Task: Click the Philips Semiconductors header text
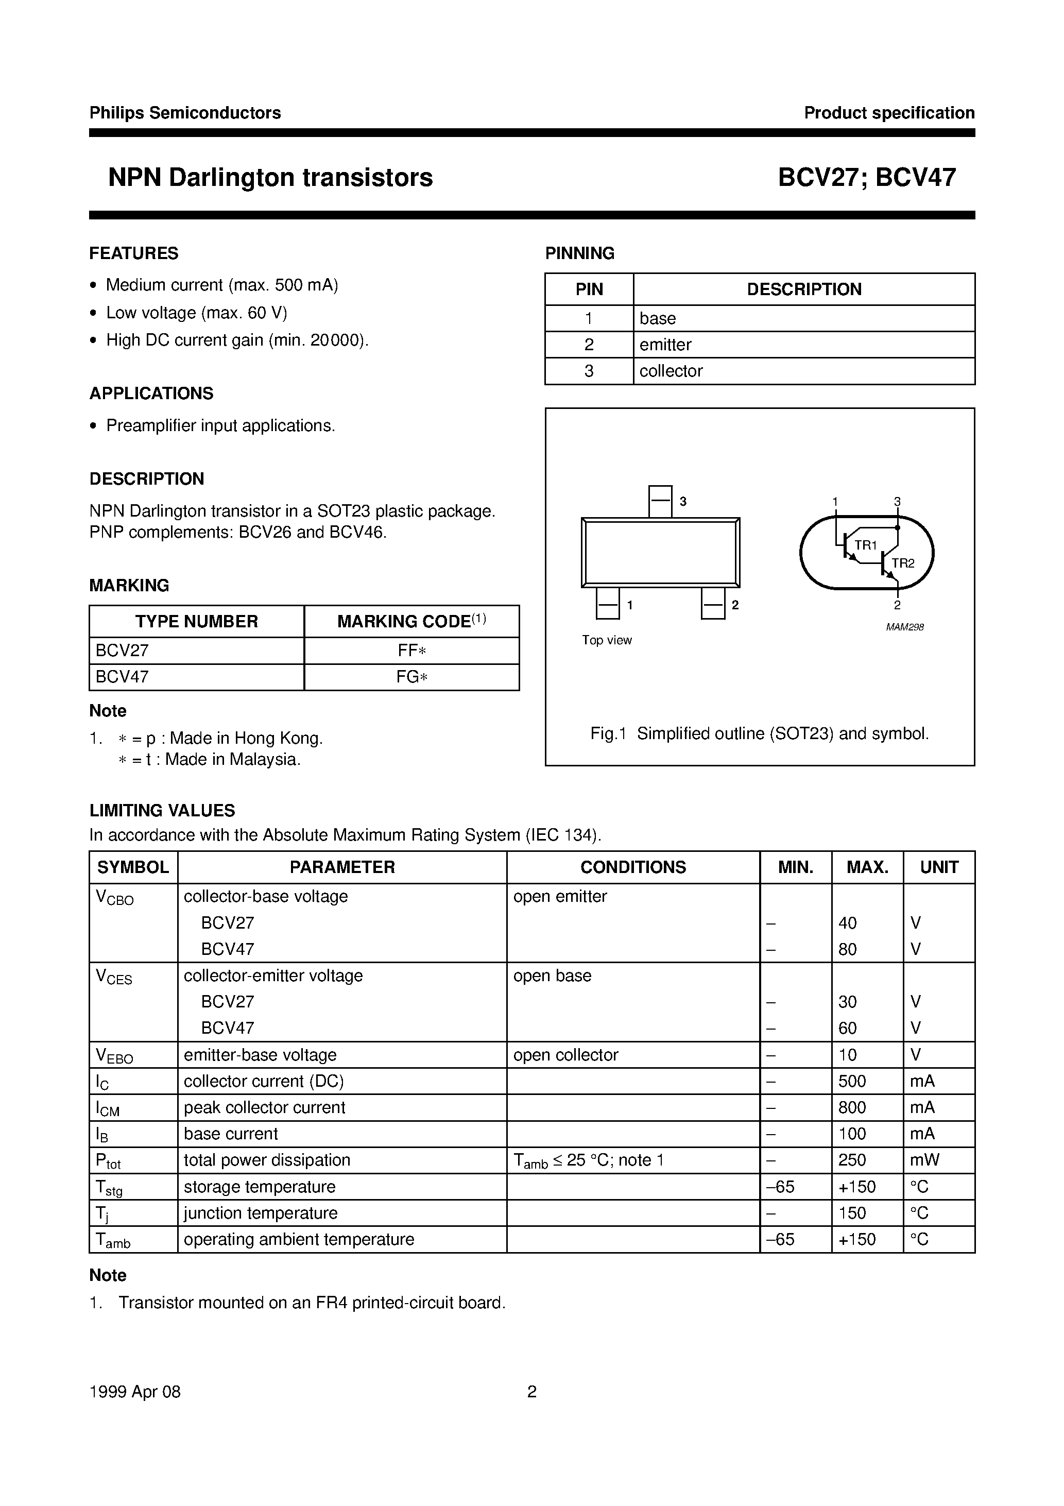[x=185, y=113]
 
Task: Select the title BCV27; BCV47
[x=867, y=178]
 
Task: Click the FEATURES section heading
[x=134, y=253]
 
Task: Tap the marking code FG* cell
[x=411, y=677]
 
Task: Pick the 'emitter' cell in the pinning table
[x=665, y=345]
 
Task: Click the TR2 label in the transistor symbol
[x=903, y=563]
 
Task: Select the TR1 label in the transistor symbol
[x=865, y=545]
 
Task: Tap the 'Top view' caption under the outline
[x=607, y=640]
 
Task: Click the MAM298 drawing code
[x=904, y=627]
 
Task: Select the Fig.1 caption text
[x=759, y=733]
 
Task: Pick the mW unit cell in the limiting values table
[x=925, y=1160]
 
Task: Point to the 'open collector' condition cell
[x=565, y=1055]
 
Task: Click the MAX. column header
[x=867, y=867]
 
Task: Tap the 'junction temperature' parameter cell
[x=261, y=1213]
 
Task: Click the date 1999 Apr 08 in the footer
[x=134, y=1392]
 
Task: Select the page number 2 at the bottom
[x=532, y=1392]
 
